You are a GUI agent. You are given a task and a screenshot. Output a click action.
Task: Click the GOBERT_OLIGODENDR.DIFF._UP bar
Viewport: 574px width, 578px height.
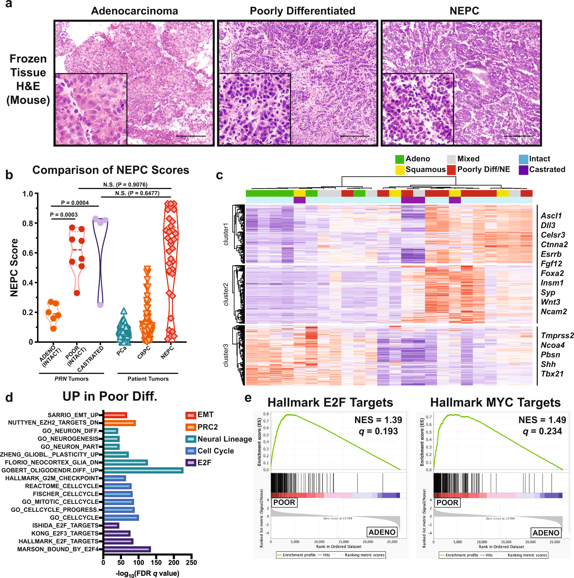click(144, 470)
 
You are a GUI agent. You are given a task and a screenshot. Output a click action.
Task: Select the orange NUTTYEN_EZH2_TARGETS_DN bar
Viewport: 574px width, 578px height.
click(120, 423)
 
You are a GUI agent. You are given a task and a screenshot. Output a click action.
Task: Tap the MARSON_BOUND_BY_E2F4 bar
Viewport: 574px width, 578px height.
click(127, 549)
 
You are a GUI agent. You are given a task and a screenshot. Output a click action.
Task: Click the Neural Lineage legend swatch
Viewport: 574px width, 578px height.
click(191, 439)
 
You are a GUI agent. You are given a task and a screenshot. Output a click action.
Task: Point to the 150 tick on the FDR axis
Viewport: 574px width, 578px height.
click(156, 563)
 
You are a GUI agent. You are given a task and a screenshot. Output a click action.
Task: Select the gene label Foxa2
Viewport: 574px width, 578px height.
click(552, 273)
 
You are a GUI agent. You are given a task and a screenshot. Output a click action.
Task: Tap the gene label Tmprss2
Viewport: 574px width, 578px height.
click(557, 336)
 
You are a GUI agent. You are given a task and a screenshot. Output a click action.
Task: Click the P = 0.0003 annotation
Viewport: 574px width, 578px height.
click(64, 215)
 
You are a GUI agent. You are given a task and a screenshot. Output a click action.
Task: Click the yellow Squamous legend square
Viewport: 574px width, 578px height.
click(400, 170)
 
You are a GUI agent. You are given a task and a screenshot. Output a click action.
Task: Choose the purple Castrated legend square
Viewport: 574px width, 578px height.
click(523, 170)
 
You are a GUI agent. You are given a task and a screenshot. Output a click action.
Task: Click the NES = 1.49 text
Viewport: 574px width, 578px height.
click(542, 420)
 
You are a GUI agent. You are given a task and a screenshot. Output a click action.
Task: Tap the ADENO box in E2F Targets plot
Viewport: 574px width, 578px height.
click(382, 532)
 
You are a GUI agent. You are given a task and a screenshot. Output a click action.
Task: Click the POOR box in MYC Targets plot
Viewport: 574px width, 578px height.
click(447, 502)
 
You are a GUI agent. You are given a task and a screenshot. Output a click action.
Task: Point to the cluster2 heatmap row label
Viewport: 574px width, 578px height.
click(226, 294)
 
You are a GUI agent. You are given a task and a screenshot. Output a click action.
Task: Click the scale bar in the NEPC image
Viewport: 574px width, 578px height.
click(518, 136)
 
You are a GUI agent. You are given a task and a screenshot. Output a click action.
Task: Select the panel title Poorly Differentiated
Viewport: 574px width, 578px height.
click(302, 11)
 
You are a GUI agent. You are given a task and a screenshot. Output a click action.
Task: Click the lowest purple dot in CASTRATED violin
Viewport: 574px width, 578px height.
click(100, 305)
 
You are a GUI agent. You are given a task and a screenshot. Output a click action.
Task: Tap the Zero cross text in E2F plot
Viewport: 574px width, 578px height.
click(338, 518)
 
